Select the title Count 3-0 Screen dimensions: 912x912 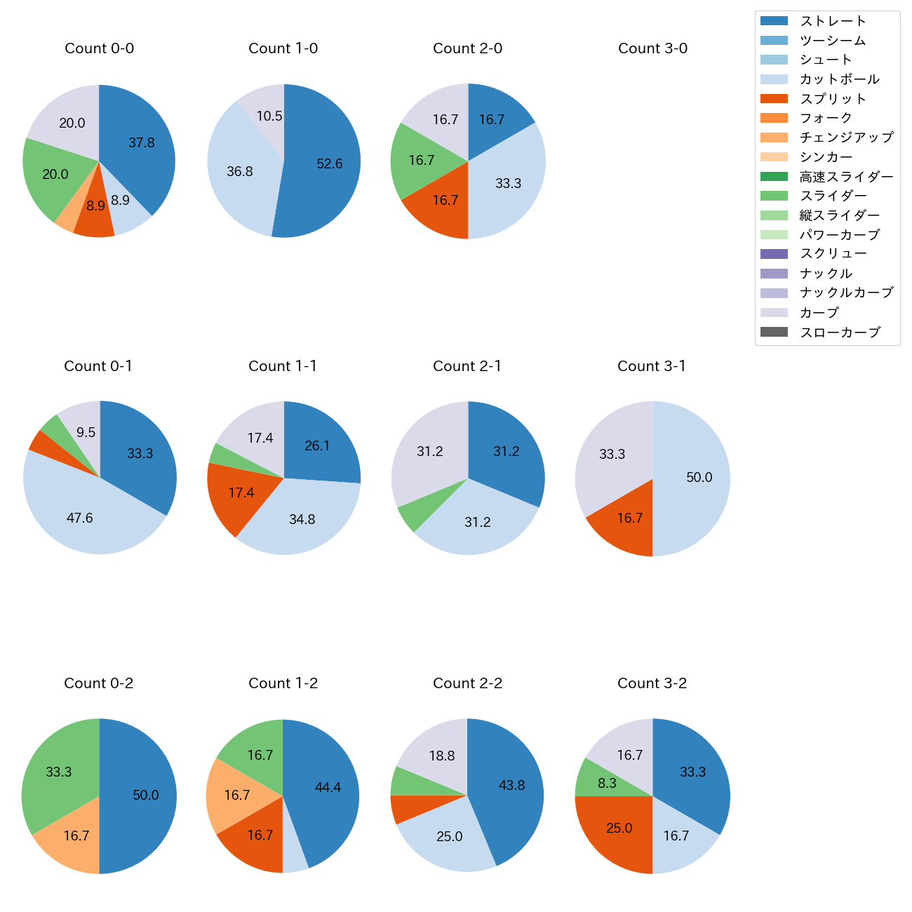[x=652, y=48]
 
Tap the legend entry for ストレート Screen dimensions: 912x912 [x=832, y=21]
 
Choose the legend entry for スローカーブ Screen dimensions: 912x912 [x=839, y=333]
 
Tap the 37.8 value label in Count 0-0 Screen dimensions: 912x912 [x=142, y=143]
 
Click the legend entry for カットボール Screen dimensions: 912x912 [x=839, y=79]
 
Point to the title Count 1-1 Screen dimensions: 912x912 [x=283, y=366]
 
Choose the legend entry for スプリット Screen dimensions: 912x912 [x=832, y=99]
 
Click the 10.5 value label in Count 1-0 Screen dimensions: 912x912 [x=269, y=116]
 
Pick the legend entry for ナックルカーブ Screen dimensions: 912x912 [x=846, y=293]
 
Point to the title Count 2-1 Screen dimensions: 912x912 [x=467, y=366]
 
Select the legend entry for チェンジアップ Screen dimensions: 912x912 [x=846, y=138]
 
